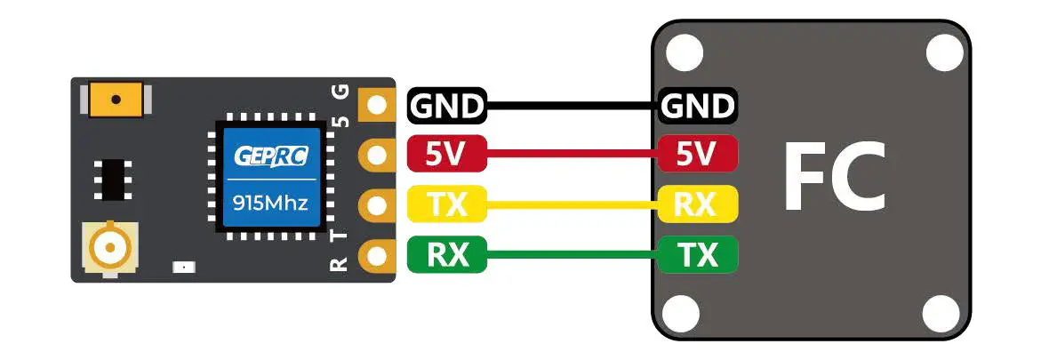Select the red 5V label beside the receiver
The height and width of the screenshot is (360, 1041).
point(446,155)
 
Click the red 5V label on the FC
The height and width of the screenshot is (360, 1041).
point(698,155)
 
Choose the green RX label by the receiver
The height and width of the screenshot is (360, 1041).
point(446,256)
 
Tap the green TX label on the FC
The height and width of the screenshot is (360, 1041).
point(698,256)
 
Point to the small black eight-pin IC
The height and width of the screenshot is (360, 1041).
point(111,180)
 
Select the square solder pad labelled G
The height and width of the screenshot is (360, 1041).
point(376,105)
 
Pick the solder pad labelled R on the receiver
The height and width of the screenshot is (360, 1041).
point(376,257)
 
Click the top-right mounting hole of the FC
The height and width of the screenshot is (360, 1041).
point(943,53)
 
